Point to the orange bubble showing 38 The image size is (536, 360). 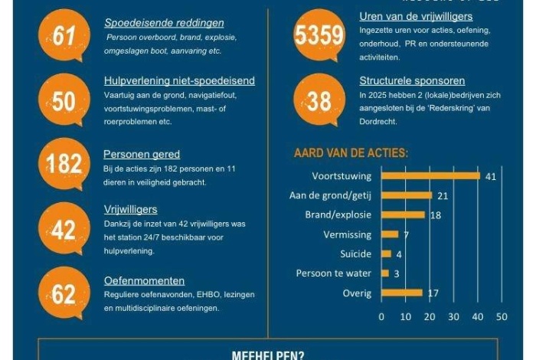coord(319,100)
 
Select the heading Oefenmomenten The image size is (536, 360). coord(144,281)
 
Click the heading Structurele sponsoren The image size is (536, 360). coord(411,80)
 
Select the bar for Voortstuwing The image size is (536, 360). coord(430,176)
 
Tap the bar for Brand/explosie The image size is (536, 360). coord(403,215)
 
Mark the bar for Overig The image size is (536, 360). coord(401,293)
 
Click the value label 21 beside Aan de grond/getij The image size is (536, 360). coord(443,196)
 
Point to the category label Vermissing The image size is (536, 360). coord(347,234)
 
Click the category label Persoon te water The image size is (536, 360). coord(334,273)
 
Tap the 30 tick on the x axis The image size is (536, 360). coord(453,316)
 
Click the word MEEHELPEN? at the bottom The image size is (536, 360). coord(267,355)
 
